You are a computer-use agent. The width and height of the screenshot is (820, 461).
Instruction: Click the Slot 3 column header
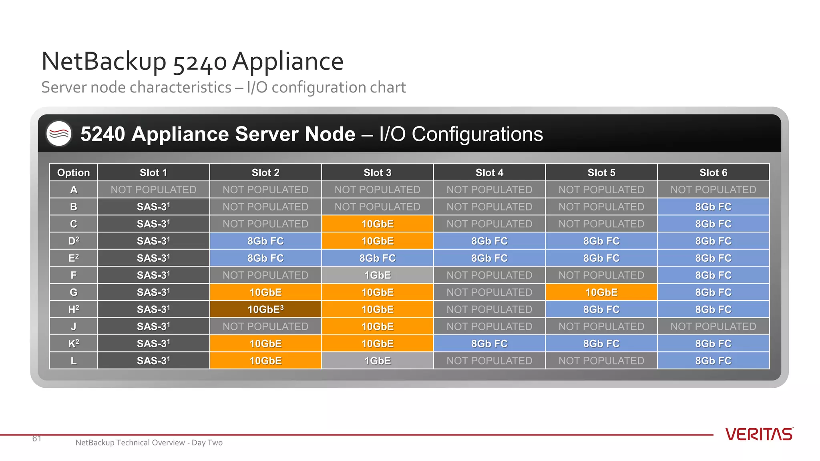[x=377, y=172]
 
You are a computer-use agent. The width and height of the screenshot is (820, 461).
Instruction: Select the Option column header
[x=73, y=172]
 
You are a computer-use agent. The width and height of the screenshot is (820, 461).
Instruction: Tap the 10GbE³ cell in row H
[x=265, y=309]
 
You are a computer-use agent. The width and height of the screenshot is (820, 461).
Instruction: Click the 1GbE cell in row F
[x=377, y=275]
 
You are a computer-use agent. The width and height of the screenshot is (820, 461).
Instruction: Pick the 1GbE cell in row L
[x=377, y=361]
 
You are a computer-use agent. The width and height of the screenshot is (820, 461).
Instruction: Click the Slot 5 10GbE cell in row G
[x=601, y=293]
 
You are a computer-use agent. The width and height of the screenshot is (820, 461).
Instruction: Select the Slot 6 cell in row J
[x=713, y=327]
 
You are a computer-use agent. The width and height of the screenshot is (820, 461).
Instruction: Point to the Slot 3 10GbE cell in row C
[x=377, y=224]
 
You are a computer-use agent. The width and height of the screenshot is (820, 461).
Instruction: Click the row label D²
[x=73, y=241]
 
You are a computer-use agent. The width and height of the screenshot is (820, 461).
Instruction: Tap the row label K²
[x=73, y=343]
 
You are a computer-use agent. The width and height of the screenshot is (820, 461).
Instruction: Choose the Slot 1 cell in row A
[x=153, y=190]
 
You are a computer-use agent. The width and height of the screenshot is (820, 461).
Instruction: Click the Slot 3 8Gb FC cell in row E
[x=377, y=258]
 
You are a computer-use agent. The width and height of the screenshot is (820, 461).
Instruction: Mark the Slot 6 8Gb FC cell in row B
[x=713, y=207]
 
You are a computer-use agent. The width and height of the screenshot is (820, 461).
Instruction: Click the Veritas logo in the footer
[x=759, y=434]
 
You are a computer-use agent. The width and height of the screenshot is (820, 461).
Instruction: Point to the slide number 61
[x=37, y=439]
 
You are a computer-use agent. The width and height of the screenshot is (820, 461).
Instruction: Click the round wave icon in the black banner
[x=59, y=134]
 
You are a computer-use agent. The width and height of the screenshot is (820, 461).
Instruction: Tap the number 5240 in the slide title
[x=200, y=62]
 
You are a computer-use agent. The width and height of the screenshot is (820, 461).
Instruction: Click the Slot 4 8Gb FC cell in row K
[x=489, y=343]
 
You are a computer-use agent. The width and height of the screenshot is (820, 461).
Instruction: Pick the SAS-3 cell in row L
[x=153, y=361]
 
